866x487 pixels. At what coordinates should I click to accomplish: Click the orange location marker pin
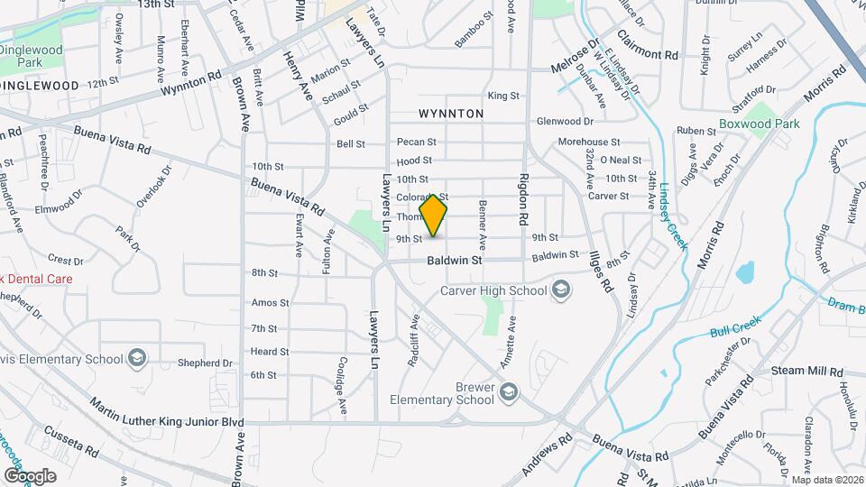tap(433, 216)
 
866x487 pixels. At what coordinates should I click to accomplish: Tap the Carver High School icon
tap(561, 289)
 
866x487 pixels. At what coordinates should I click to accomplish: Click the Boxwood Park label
tap(760, 124)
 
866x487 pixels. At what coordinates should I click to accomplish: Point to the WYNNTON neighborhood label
tap(451, 114)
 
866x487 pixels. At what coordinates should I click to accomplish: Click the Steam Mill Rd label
tap(807, 372)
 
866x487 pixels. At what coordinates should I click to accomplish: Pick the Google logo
tap(30, 475)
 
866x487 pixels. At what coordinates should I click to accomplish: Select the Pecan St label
tap(416, 142)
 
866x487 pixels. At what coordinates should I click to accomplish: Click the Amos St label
tap(270, 303)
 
